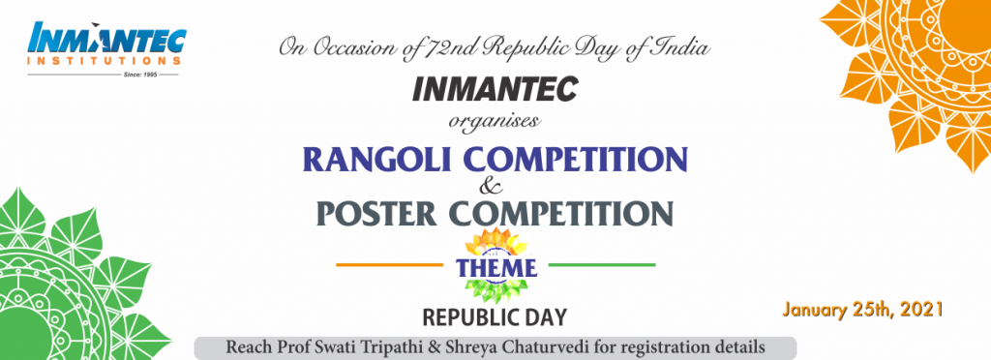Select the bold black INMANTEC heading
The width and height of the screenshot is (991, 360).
495,89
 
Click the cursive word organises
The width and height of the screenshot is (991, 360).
495,121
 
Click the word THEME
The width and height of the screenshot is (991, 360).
496,267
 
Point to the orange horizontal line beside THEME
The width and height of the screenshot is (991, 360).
389,264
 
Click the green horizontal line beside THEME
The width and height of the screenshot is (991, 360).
601,264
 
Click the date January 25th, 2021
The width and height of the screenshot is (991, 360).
862,310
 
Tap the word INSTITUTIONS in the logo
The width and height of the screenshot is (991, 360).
105,61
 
